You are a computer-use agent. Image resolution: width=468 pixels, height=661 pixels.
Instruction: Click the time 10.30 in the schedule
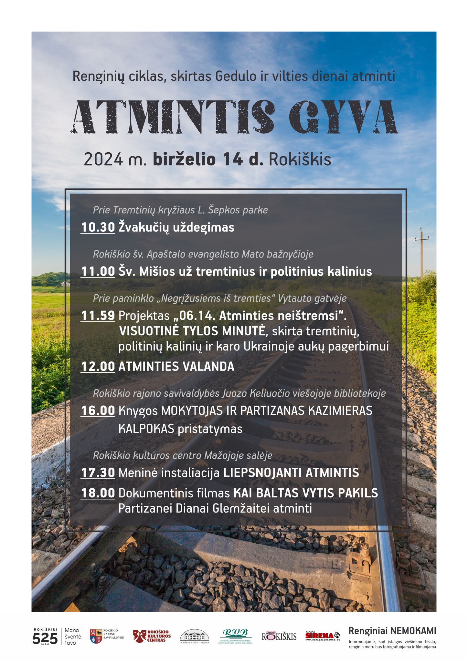(98, 227)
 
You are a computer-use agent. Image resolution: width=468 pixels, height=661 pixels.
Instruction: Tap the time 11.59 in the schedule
(98, 316)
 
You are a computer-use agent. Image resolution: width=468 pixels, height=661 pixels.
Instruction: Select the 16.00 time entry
(98, 411)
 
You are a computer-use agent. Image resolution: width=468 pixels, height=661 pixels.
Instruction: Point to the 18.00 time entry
(98, 493)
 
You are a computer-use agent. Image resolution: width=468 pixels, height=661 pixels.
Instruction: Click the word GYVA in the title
(343, 117)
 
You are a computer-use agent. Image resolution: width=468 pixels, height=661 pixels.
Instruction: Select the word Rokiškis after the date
(300, 160)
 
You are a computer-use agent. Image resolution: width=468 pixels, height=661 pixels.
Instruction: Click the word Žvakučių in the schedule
(144, 228)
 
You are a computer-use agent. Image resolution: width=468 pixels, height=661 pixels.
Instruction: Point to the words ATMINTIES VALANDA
(176, 367)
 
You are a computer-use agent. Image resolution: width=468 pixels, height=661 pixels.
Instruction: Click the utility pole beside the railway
(421, 252)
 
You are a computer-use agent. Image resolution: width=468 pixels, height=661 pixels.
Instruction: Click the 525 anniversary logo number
(45, 638)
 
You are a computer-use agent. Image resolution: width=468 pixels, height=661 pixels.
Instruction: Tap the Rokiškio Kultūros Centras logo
(152, 636)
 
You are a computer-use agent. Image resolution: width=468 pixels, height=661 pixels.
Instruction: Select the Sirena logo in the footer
(322, 636)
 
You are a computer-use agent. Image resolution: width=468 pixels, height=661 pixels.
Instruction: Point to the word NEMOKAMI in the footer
(413, 631)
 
